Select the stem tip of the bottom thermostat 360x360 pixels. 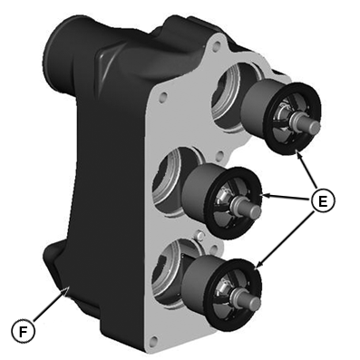pyautogui.click(x=254, y=303)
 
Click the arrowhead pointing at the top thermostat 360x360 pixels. pyautogui.click(x=298, y=154)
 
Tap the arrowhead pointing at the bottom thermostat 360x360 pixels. pyautogui.click(x=258, y=264)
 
